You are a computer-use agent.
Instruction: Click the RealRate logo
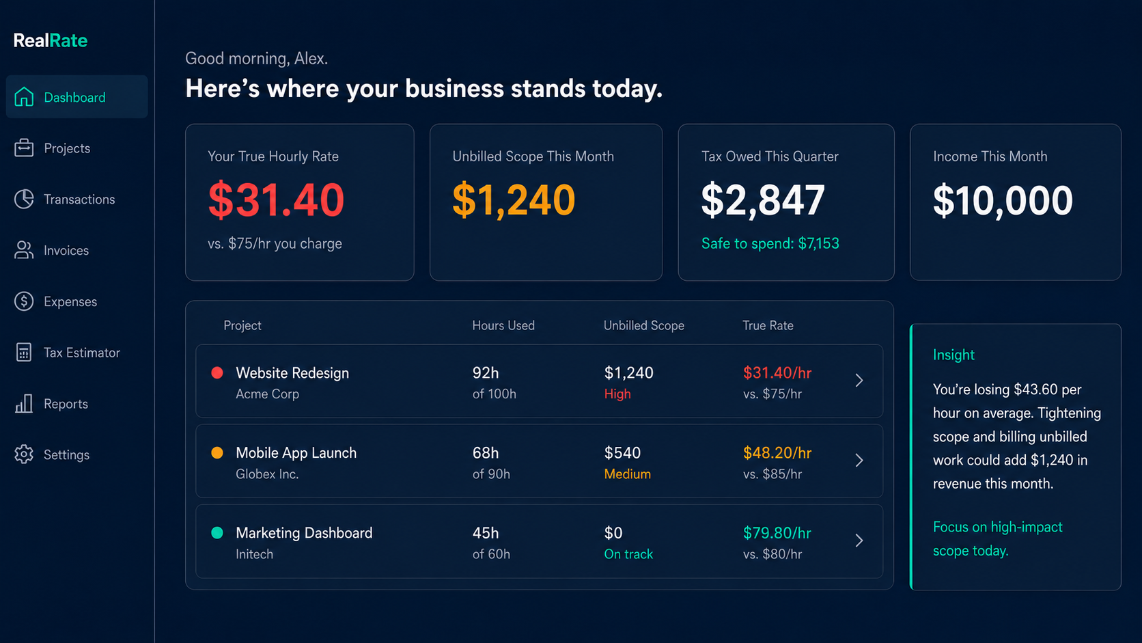tap(51, 40)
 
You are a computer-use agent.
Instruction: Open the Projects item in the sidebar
tap(67, 148)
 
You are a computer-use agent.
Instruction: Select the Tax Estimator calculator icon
tap(23, 353)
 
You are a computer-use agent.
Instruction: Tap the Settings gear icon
tap(23, 454)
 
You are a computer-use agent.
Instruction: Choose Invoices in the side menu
tap(66, 250)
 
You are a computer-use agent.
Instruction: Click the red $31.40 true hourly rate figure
tap(277, 200)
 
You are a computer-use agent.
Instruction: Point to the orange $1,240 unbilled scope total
tap(514, 200)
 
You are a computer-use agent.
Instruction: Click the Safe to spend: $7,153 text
tap(770, 243)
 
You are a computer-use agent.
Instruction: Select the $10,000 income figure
tap(1003, 200)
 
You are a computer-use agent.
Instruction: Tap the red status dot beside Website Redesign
tap(217, 372)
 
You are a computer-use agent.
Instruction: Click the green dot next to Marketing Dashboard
tap(217, 533)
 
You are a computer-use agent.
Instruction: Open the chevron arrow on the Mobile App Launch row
tap(859, 461)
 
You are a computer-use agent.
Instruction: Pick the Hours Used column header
tap(503, 325)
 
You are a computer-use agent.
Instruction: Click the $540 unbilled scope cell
tap(622, 453)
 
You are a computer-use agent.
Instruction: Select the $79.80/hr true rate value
tap(777, 533)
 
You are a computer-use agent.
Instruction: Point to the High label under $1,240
tap(617, 394)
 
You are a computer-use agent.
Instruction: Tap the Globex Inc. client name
tap(266, 474)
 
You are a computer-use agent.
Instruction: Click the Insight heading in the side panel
tap(953, 355)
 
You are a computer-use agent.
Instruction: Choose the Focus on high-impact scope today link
tap(998, 538)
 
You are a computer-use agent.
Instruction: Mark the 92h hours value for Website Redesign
tap(486, 372)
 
